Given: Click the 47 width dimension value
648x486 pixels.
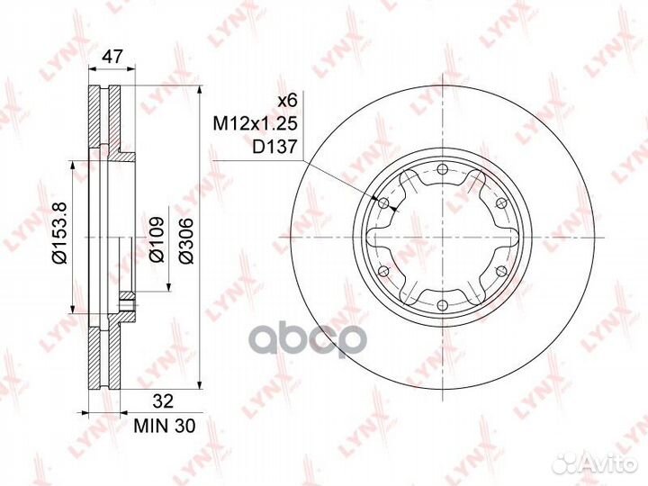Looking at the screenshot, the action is [112, 56].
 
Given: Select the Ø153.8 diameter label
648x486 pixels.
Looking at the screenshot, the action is [59, 233].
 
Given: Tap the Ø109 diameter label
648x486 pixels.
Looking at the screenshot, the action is [157, 240].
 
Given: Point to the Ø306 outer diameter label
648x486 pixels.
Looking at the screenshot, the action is [186, 240].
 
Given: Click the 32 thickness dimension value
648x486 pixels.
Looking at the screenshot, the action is [163, 401].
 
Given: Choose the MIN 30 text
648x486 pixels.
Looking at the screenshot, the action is [164, 426].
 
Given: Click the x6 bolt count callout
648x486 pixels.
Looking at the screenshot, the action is [287, 101].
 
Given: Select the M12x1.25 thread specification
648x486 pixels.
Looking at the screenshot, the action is [255, 123].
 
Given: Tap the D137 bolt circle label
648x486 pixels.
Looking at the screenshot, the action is [274, 146].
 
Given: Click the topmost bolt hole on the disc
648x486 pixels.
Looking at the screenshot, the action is [442, 169].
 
